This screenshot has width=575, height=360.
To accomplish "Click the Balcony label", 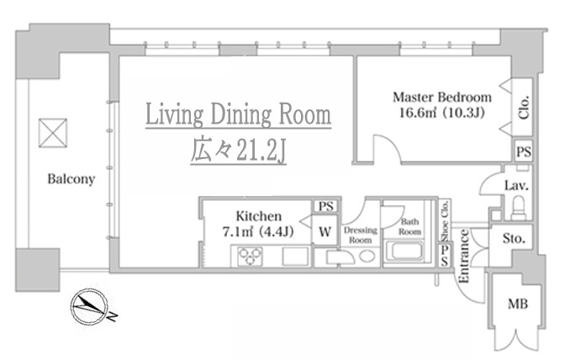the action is point(71,179).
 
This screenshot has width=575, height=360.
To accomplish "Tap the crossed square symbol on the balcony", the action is point(53,133).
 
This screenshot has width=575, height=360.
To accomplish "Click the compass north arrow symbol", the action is point(90,307).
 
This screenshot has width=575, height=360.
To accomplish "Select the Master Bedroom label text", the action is point(442,98).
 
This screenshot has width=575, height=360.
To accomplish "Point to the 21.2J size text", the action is point(261,150).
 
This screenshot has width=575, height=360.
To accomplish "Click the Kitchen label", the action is point(259,216).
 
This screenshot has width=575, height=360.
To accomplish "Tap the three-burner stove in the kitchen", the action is point(250,256).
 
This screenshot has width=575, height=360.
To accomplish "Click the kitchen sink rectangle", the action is point(295,256).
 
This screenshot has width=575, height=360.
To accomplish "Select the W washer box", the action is point(324,231).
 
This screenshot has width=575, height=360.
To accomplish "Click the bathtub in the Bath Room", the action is point(408,251).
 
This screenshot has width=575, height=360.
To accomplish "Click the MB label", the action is point(518,304).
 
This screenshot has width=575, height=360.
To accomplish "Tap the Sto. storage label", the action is point(514,239).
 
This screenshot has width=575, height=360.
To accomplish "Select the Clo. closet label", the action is point(524,107).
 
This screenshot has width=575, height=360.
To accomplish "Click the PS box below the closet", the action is point(523,151).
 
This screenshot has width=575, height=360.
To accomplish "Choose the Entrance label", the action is point(464,256).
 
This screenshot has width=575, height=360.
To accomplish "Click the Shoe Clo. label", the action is point(445,220).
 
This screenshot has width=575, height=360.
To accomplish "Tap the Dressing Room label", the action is point(360,235).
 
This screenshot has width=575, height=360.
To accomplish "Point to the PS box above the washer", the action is point(325,206).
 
